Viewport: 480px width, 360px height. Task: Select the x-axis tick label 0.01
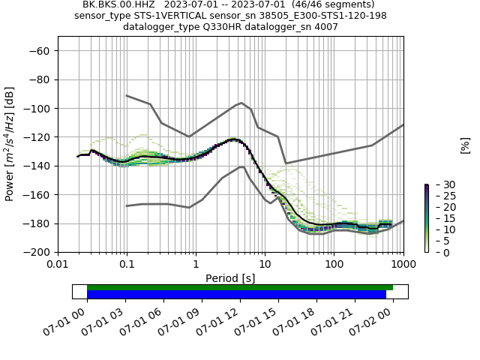(58, 265)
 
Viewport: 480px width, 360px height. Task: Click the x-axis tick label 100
(334, 265)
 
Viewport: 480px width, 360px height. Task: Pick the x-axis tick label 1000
(403, 265)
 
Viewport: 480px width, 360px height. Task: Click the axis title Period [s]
(230, 278)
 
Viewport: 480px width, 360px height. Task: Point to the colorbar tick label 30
(439, 184)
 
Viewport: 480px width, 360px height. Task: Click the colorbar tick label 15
(439, 218)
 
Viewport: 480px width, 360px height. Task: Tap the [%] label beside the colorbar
(465, 145)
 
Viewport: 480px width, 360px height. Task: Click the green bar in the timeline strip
(240, 287)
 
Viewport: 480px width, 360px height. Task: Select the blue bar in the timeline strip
(236, 294)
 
